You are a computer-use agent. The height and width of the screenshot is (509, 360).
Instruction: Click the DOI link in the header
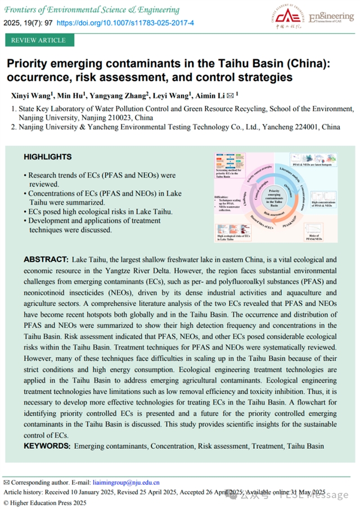coord(125,23)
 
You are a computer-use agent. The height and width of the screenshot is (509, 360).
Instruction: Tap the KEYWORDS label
coord(47,446)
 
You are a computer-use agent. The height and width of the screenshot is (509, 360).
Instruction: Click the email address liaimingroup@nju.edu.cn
coord(127,482)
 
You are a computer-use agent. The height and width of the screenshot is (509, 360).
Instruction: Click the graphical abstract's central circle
coord(275,196)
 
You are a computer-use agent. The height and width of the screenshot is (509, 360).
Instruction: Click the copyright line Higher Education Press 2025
coord(48,503)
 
